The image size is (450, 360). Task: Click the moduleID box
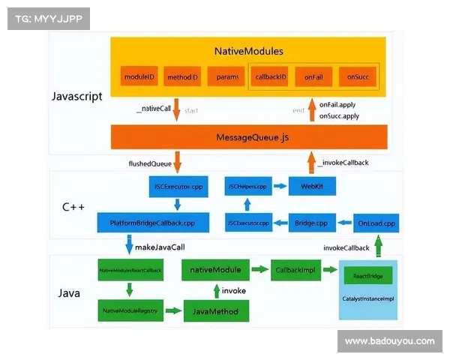(x=139, y=76)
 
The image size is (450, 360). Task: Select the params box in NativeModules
(x=227, y=76)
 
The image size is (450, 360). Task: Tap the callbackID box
(x=271, y=76)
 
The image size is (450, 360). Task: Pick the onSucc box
(x=357, y=76)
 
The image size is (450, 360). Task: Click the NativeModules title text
(x=249, y=52)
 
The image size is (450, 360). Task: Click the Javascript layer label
(x=77, y=97)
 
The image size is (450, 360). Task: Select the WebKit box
(x=312, y=185)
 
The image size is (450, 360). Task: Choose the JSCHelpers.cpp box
(x=247, y=185)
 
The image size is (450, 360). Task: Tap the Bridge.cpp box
(x=310, y=223)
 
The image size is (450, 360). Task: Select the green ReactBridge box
(x=367, y=277)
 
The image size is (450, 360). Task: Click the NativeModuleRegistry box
(x=130, y=310)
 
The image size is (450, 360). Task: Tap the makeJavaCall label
(x=159, y=246)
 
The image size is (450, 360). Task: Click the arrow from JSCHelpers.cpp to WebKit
(x=279, y=185)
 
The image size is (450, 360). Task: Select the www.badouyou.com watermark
(x=389, y=341)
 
